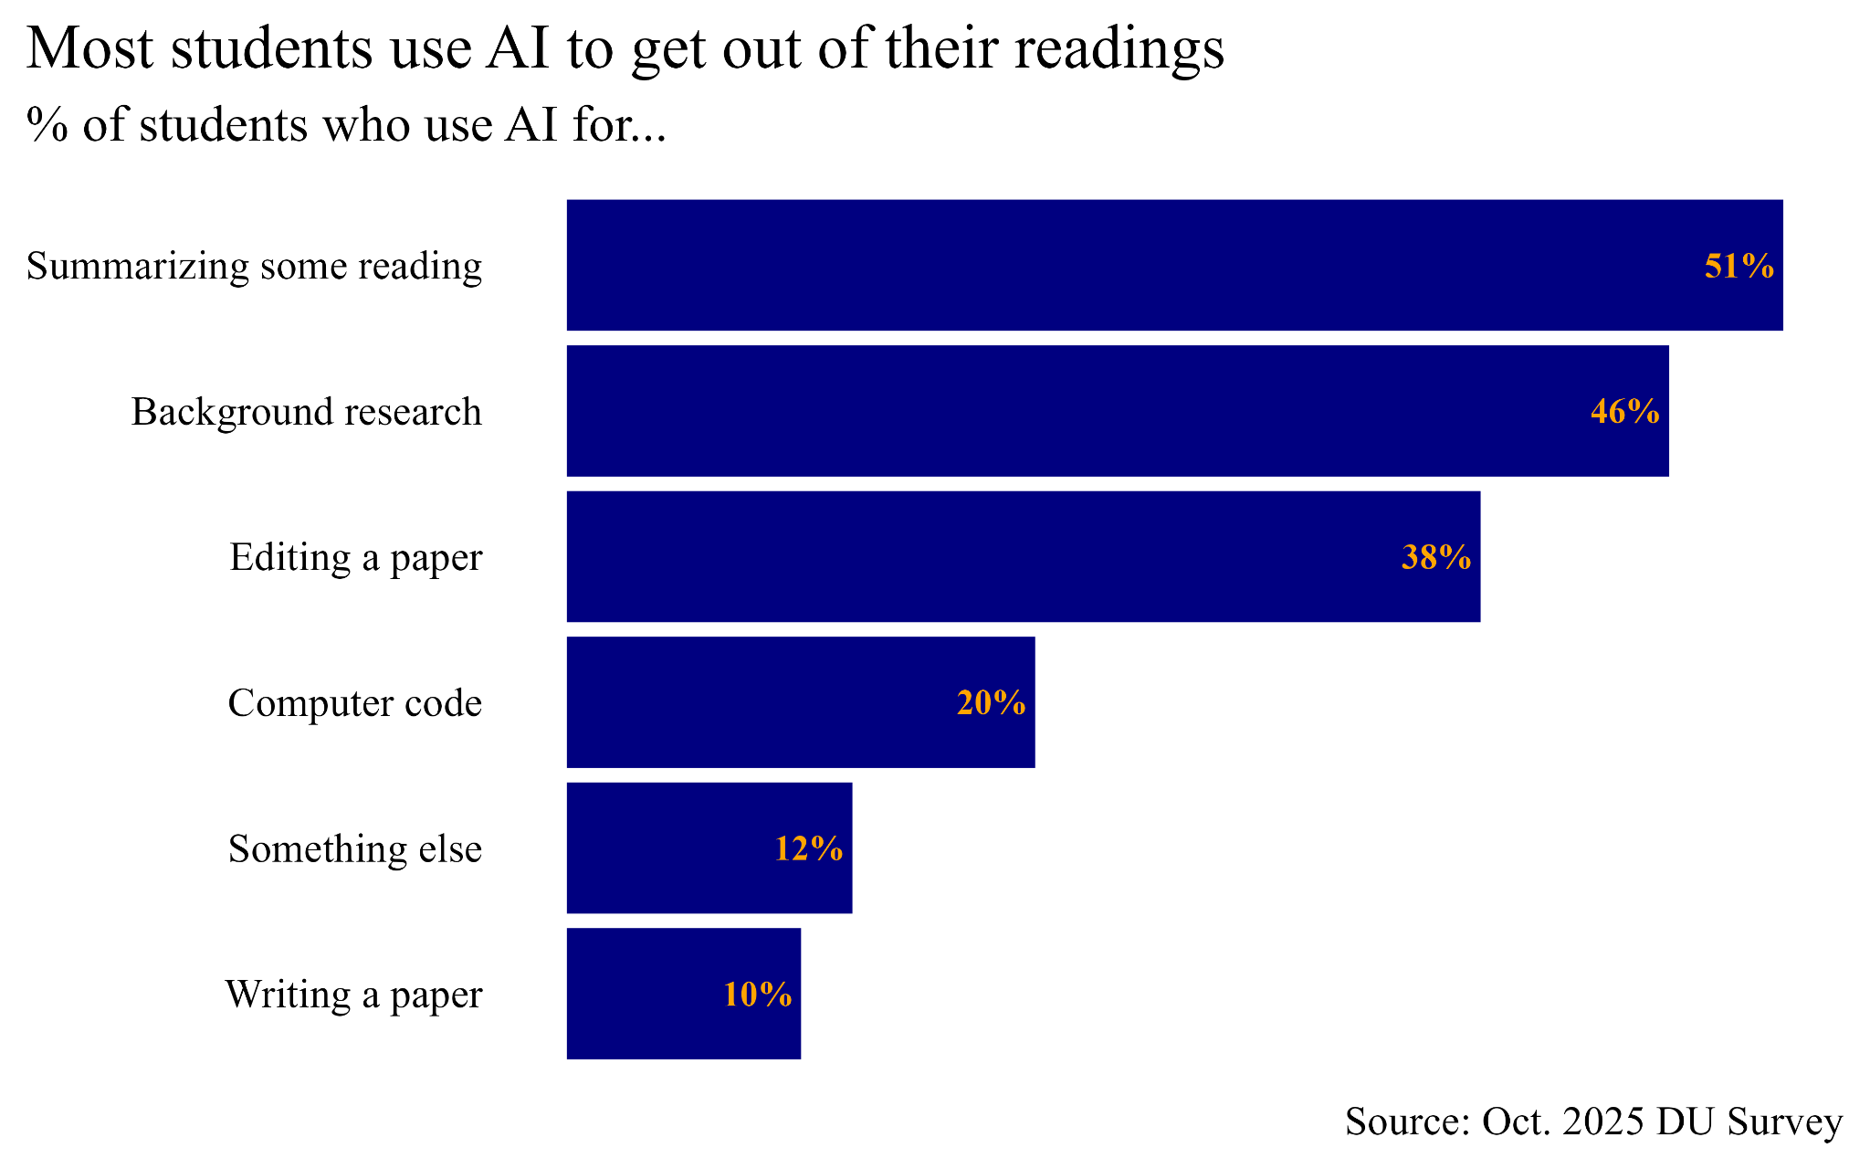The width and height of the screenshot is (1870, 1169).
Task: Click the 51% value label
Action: pyautogui.click(x=1739, y=266)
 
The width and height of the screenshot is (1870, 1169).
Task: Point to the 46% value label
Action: pyautogui.click(x=1624, y=412)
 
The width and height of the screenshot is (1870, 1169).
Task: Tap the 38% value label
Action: pyautogui.click(x=1435, y=557)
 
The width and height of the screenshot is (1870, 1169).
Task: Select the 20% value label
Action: pyautogui.click(x=991, y=703)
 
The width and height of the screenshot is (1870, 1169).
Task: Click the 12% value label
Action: pyautogui.click(x=808, y=849)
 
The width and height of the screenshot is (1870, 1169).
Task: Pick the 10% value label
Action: pyautogui.click(x=757, y=995)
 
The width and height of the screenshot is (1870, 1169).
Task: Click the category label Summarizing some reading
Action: pyautogui.click(x=254, y=267)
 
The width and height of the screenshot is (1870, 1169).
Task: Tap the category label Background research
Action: pyautogui.click(x=306, y=412)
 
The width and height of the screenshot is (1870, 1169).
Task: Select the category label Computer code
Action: pyautogui.click(x=354, y=703)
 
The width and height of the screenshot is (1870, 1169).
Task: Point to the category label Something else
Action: pyautogui.click(x=354, y=849)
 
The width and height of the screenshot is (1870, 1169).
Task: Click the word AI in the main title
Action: pyautogui.click(x=518, y=48)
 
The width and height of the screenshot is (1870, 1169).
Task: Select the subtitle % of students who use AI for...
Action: pyautogui.click(x=346, y=125)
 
